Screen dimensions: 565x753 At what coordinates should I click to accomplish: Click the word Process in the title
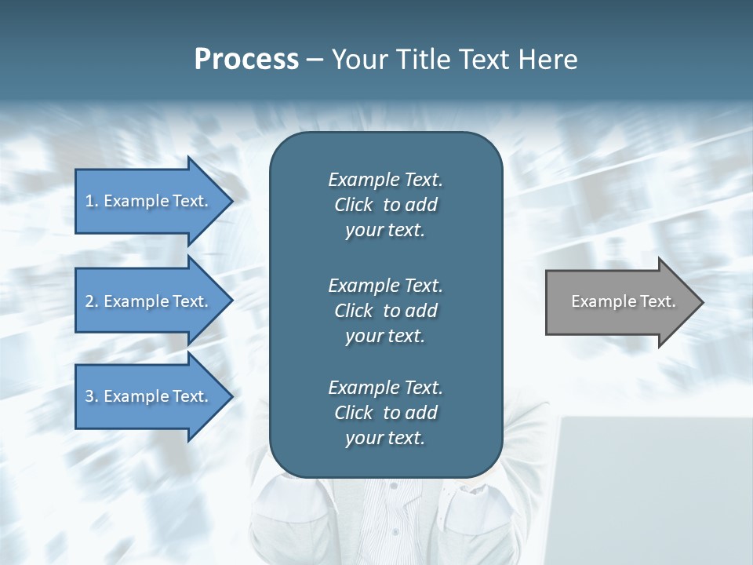(246, 60)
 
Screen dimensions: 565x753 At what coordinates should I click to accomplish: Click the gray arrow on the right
(620, 302)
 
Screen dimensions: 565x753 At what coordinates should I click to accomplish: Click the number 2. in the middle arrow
(92, 301)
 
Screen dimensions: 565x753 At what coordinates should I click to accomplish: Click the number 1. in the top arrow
(92, 201)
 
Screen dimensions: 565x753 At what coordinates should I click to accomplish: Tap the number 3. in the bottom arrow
(92, 396)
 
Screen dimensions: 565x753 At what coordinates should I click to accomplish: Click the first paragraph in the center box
(385, 205)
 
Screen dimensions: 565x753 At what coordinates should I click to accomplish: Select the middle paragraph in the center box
(385, 311)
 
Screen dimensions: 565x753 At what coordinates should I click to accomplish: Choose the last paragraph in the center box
(385, 413)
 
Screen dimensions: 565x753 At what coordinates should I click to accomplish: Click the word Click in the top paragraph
(353, 205)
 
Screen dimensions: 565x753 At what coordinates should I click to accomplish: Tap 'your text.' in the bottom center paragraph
(385, 438)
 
